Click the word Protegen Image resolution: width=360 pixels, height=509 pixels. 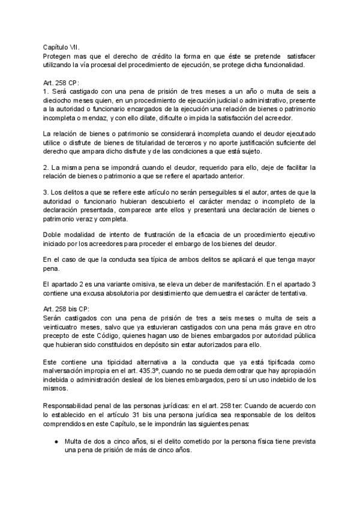pos(57,55)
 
